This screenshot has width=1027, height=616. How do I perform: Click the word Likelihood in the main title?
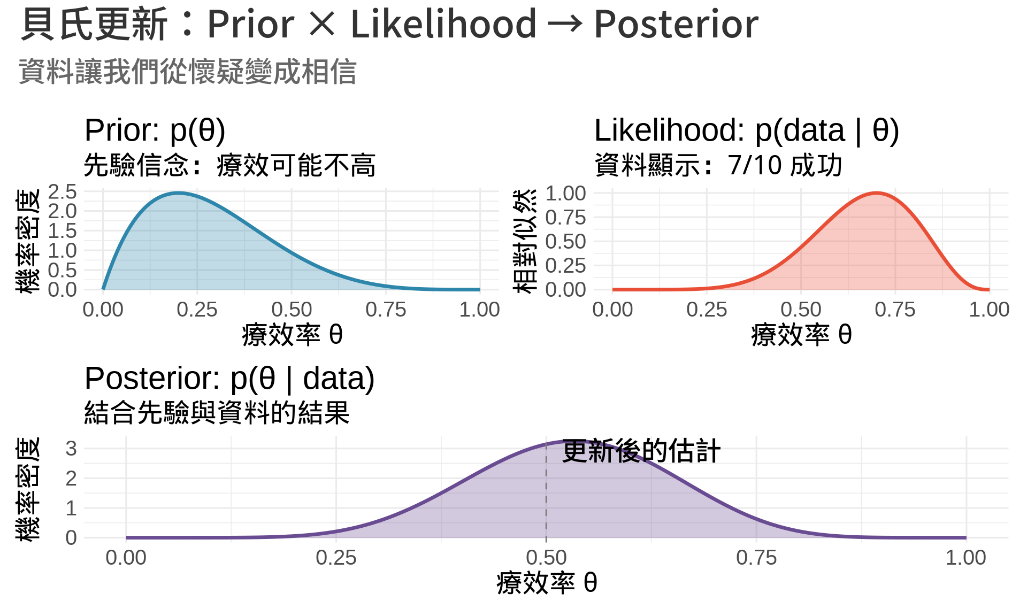click(x=443, y=24)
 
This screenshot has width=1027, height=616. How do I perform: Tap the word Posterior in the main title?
click(x=676, y=24)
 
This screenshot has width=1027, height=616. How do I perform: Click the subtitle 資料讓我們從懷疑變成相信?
click(x=188, y=72)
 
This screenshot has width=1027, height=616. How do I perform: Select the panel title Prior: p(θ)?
click(x=155, y=130)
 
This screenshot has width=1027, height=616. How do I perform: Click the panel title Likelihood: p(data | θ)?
click(x=747, y=130)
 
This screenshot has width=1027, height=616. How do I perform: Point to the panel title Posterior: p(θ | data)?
click(x=229, y=379)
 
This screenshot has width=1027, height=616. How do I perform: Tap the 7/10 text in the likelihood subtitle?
click(x=755, y=165)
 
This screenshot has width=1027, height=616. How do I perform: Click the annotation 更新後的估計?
click(x=641, y=451)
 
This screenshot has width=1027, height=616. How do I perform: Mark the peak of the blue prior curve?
click(x=179, y=193)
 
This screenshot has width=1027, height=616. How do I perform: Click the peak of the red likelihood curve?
click(x=876, y=193)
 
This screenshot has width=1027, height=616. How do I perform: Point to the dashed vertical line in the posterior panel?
click(x=546, y=489)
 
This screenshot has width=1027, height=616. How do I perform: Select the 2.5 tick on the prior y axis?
click(x=63, y=191)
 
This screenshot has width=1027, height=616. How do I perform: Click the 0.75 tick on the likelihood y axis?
click(x=565, y=218)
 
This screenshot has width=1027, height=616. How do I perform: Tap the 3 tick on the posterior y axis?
click(x=71, y=449)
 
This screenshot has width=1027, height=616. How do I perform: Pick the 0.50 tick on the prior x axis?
click(x=292, y=310)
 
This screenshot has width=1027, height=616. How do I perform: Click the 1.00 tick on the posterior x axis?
click(x=966, y=558)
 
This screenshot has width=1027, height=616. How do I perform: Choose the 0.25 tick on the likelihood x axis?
click(x=707, y=310)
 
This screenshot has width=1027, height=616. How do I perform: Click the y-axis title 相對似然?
click(x=525, y=241)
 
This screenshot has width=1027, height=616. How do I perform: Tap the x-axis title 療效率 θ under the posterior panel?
click(x=546, y=583)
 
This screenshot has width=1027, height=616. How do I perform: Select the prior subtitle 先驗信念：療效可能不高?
click(x=229, y=165)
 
